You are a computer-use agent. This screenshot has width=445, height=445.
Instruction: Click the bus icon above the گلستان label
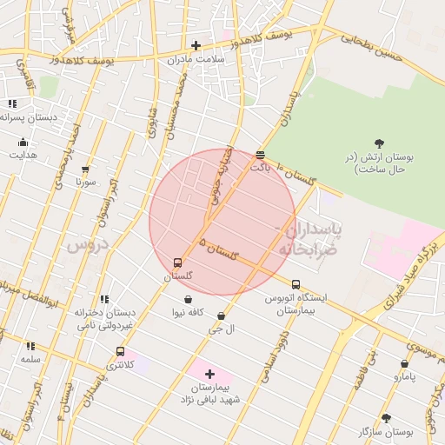tap(178, 262)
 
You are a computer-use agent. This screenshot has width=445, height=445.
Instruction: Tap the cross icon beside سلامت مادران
tap(196, 46)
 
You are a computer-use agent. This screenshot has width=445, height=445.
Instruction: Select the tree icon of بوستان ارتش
tap(379, 143)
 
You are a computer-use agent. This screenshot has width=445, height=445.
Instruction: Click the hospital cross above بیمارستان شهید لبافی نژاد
tap(209, 373)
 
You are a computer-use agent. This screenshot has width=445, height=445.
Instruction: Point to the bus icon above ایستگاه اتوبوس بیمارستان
tap(296, 284)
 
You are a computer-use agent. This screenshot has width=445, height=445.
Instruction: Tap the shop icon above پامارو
tap(404, 364)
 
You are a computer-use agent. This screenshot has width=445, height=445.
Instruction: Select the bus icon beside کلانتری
tap(120, 352)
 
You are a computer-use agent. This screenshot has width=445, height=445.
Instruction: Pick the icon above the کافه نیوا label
tap(188, 300)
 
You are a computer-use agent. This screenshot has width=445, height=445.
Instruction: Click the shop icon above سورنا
tap(85, 170)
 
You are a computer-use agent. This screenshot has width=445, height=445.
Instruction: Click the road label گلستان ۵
tap(219, 250)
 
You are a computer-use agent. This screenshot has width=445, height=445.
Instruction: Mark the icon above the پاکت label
tap(260, 155)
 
